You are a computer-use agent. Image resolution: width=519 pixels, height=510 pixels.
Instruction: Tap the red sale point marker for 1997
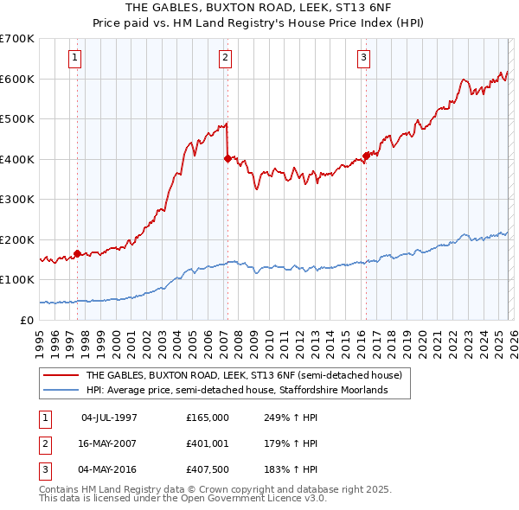(x=78, y=253)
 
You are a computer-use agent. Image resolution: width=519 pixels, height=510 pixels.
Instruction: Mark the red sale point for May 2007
(x=227, y=158)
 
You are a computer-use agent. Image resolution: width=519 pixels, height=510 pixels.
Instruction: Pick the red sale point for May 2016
(x=365, y=156)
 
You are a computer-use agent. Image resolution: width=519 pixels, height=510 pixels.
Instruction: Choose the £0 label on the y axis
(x=27, y=320)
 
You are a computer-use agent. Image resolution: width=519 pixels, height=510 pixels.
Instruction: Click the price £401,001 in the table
(x=207, y=443)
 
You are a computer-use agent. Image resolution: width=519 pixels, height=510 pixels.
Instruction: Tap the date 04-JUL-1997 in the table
(x=109, y=417)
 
